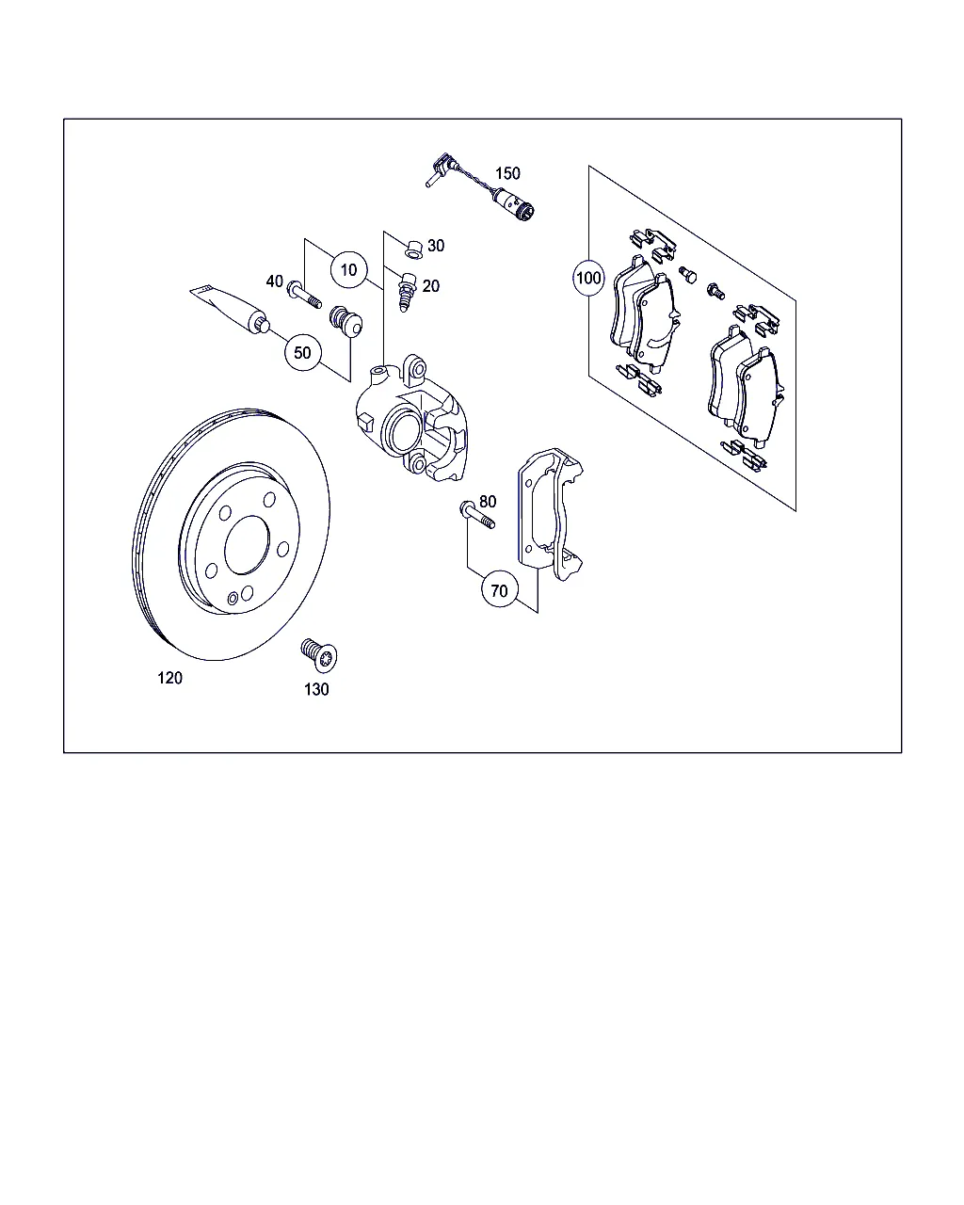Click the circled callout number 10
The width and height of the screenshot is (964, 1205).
[x=348, y=270]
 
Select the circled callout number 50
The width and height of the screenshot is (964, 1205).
[x=302, y=353]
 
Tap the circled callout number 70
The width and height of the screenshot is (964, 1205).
[x=500, y=590]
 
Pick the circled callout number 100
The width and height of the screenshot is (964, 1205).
[x=588, y=278]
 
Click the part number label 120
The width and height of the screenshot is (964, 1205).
[x=169, y=678]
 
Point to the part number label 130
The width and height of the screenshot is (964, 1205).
[x=316, y=689]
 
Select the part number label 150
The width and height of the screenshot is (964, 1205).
[x=507, y=173]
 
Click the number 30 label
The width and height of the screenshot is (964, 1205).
[x=436, y=246]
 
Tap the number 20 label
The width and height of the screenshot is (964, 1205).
[x=431, y=286]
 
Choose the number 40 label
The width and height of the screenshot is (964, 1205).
[x=275, y=281]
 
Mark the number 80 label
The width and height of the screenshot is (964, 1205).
[x=488, y=501]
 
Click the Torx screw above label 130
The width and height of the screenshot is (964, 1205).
[x=319, y=654]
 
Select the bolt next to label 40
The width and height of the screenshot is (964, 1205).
[x=304, y=295]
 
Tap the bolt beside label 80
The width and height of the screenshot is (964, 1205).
[x=477, y=515]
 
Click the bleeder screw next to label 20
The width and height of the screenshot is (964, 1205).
[x=408, y=292]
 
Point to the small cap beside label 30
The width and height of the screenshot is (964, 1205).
[x=413, y=249]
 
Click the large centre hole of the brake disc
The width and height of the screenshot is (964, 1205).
[x=247, y=545]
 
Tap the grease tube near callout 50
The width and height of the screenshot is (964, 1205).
[x=231, y=310]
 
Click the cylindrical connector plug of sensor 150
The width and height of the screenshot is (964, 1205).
[x=514, y=204]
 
